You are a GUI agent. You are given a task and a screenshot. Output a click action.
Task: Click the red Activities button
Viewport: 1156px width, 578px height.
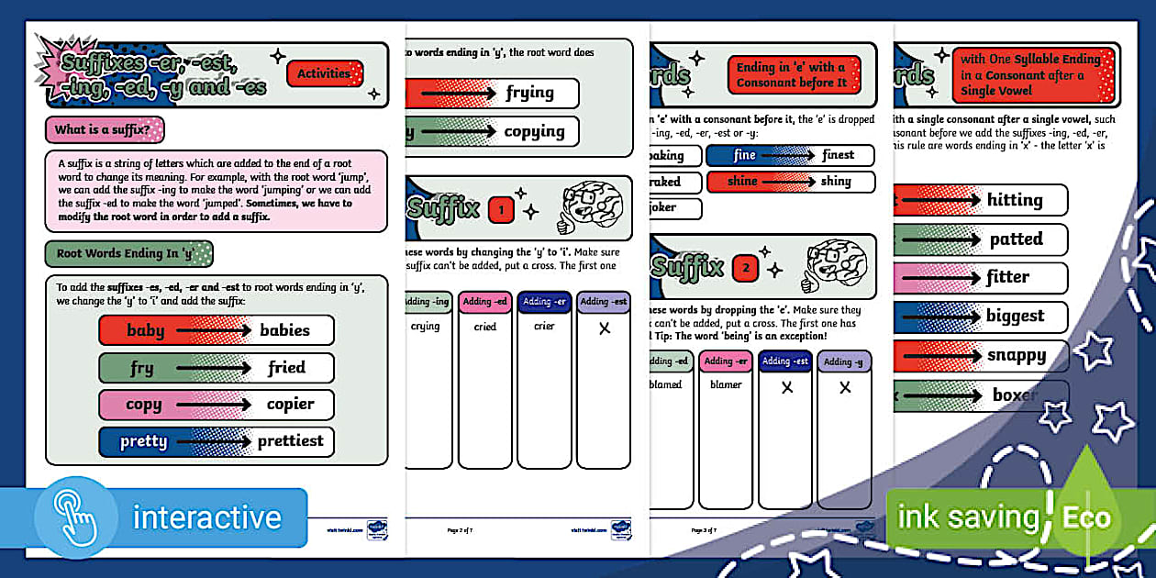click(x=325, y=73)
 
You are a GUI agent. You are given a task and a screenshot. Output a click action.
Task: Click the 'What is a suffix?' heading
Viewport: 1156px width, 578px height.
click(x=104, y=129)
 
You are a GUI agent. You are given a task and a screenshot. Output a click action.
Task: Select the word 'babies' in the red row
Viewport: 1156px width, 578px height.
click(x=284, y=330)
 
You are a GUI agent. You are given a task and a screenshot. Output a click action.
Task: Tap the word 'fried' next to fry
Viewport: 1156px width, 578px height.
click(x=286, y=368)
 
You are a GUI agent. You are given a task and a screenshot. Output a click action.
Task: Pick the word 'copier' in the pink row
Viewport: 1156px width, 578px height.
click(x=290, y=405)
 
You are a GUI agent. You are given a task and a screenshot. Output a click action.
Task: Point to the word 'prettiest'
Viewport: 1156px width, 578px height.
click(x=290, y=441)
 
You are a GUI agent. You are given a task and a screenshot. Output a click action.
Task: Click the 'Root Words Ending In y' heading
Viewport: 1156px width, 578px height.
click(x=128, y=253)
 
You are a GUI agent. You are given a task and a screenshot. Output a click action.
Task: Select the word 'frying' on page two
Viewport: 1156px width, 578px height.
click(x=529, y=93)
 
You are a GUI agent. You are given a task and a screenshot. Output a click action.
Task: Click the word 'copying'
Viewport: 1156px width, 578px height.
click(x=534, y=131)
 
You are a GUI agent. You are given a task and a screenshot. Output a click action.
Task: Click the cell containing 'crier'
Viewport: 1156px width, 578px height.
click(x=544, y=326)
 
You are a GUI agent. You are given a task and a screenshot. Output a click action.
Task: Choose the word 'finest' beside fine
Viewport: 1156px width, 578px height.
click(x=838, y=155)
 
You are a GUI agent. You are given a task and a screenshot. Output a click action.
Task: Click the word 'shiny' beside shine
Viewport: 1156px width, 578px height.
click(x=836, y=181)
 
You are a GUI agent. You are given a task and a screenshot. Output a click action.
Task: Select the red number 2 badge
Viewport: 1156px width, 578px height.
click(x=745, y=269)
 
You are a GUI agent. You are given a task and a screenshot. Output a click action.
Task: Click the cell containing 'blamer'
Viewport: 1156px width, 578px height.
click(x=726, y=384)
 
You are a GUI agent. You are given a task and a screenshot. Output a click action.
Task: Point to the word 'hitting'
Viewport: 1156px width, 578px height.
click(x=1015, y=200)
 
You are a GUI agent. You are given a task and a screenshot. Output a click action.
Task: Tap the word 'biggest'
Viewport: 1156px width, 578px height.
click(x=1015, y=317)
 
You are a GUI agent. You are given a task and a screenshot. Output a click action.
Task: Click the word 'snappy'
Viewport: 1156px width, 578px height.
click(x=1017, y=355)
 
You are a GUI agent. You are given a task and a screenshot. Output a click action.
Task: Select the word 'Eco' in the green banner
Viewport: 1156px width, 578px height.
click(x=1086, y=517)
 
